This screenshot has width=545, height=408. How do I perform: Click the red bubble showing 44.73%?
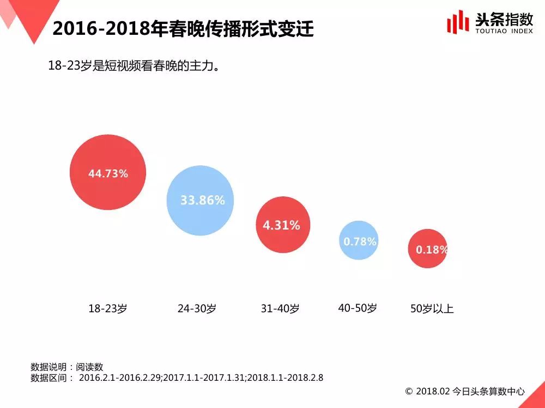pyautogui.click(x=108, y=173)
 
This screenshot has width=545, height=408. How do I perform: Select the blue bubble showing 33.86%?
pyautogui.click(x=203, y=200)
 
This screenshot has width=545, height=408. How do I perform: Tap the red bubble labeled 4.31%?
pyautogui.click(x=282, y=225)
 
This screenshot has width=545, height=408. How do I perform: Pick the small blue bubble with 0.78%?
pyautogui.click(x=359, y=240)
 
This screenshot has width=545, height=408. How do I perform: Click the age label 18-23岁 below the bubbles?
pyautogui.click(x=108, y=308)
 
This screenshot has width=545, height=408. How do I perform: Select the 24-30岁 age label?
pyautogui.click(x=197, y=308)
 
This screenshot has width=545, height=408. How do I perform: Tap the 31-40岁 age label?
pyautogui.click(x=280, y=308)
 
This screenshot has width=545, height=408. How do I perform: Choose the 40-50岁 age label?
pyautogui.click(x=358, y=308)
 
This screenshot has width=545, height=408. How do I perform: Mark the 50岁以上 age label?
pyautogui.click(x=432, y=309)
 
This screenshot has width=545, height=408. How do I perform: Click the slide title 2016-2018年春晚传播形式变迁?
pyautogui.click(x=183, y=29)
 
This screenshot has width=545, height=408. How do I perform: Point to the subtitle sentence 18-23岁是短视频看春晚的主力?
pyautogui.click(x=134, y=66)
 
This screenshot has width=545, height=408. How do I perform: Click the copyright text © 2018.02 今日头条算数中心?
pyautogui.click(x=465, y=391)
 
